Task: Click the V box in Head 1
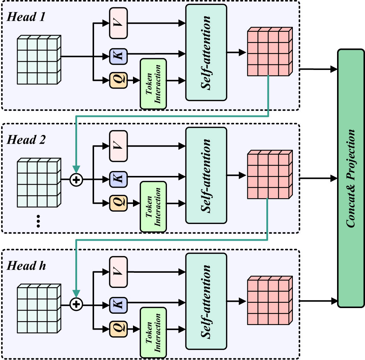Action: tap(118, 23)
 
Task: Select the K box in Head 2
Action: tap(118, 176)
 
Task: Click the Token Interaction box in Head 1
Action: tap(153, 83)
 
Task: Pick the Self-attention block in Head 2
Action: tap(206, 175)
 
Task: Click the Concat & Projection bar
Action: tap(351, 178)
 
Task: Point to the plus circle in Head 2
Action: tap(76, 180)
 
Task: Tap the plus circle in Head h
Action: tap(76, 303)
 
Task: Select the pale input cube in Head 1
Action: tap(39, 60)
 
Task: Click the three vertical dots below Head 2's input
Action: tap(39, 221)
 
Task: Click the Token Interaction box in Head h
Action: tap(153, 332)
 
